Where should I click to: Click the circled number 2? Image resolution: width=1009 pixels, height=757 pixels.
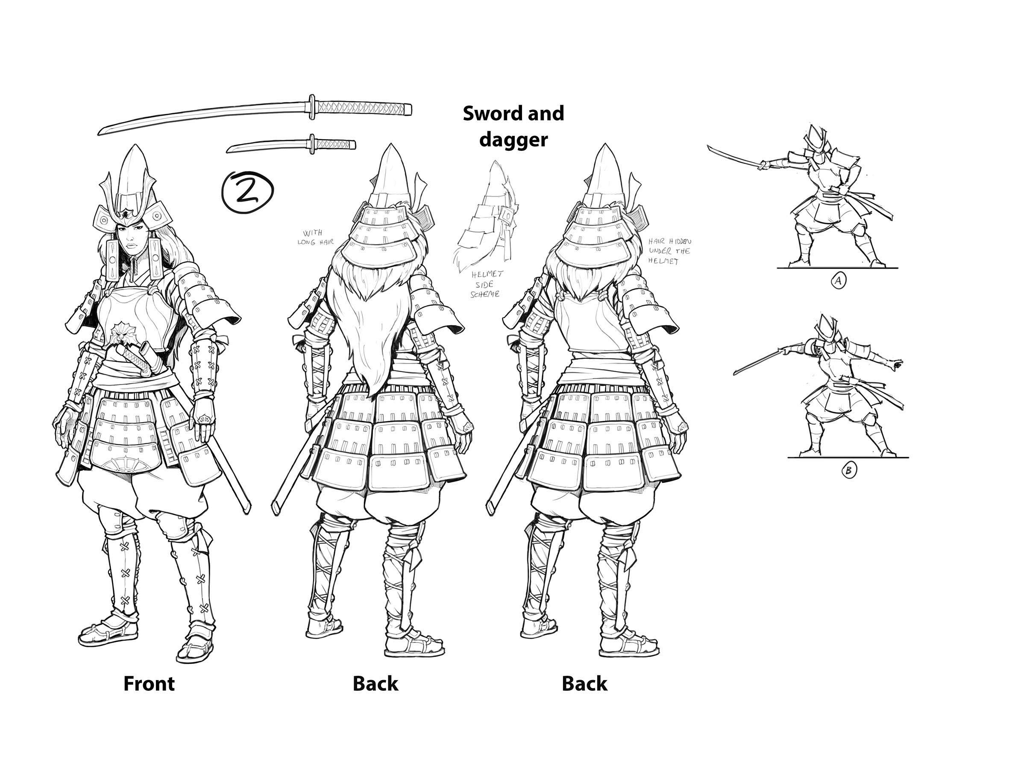click(x=247, y=191)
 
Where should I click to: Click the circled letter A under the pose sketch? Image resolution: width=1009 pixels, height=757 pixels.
click(x=838, y=281)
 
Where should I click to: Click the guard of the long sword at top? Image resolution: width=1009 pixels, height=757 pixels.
click(x=312, y=107)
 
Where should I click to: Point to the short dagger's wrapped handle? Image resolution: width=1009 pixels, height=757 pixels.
click(x=336, y=144)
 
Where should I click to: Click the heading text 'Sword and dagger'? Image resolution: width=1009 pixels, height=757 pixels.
click(x=513, y=126)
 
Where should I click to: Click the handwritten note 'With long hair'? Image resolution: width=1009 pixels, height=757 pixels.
click(x=316, y=238)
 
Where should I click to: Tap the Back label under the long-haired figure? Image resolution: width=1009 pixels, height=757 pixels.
click(x=375, y=684)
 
